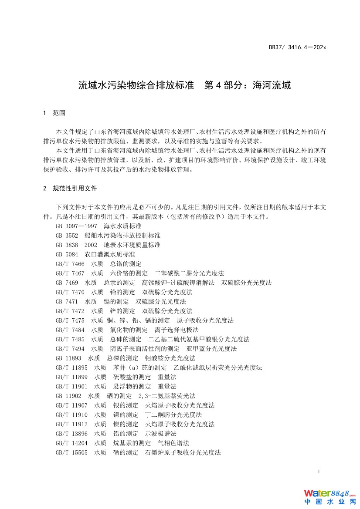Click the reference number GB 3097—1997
coord(76,226)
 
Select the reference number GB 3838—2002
coord(76,245)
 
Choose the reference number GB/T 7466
coord(70,263)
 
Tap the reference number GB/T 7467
coord(70,273)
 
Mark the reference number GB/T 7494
coord(70,348)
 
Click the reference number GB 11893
coord(68,358)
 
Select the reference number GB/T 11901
coord(71,386)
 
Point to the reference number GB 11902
coord(68,396)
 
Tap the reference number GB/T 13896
coord(71,434)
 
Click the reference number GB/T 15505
coord(71,452)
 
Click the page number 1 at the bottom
coord(319,472)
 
